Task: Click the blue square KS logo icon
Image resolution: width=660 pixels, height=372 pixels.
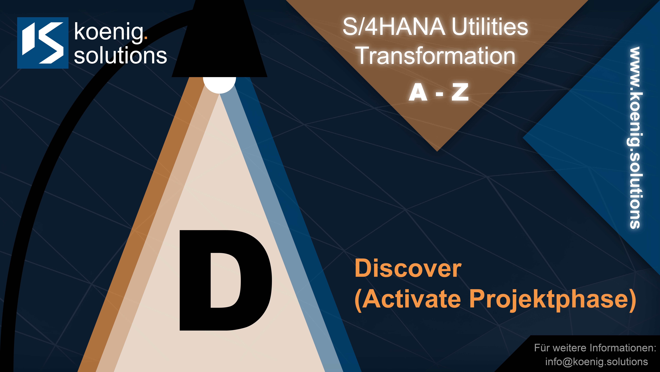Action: click(43, 43)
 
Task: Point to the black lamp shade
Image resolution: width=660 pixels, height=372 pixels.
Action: click(219, 39)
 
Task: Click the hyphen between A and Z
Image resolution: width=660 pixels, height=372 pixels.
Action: click(439, 94)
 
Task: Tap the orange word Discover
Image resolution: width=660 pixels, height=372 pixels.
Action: click(408, 268)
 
